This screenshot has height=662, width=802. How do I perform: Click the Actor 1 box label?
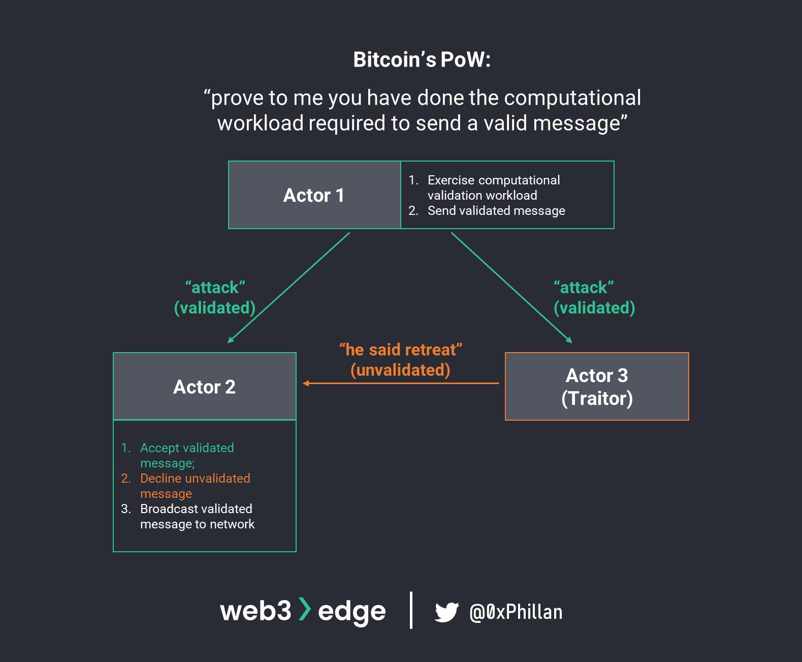tap(314, 195)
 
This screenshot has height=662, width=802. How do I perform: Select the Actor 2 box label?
tap(204, 387)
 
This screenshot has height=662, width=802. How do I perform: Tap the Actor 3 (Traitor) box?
tap(597, 387)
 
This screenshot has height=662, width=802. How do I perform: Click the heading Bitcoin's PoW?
tap(422, 59)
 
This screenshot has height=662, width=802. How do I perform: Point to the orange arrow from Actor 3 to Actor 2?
tap(401, 383)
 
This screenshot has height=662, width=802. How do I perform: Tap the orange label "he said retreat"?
tap(400, 350)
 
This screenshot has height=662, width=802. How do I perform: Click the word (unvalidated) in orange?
tap(400, 370)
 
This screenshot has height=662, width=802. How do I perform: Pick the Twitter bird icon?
tap(446, 612)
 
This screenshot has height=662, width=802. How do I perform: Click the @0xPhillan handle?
tap(516, 612)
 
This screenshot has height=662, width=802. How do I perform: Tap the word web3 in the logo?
tap(255, 610)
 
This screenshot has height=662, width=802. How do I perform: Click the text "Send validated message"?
tap(496, 210)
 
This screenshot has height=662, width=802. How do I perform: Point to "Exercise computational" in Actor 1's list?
tap(494, 180)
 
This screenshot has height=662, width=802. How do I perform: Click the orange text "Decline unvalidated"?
tap(195, 478)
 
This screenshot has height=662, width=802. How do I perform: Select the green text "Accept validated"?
tap(187, 448)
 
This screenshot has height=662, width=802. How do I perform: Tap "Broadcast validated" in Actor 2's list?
tap(196, 509)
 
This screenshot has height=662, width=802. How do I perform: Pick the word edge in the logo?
tap(351, 611)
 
